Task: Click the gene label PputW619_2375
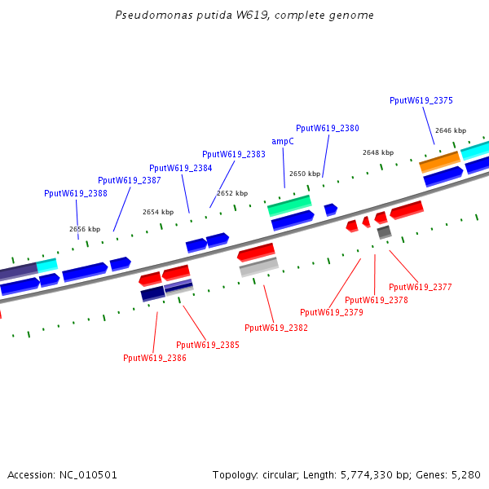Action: tap(421, 101)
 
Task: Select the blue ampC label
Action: tap(283, 141)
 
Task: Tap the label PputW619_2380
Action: tap(327, 129)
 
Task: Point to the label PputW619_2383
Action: tap(233, 154)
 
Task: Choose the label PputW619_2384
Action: tap(180, 168)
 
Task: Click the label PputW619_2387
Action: tap(129, 180)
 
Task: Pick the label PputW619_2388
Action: tap(75, 193)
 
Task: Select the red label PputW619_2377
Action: tap(420, 287)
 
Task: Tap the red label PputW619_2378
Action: tap(376, 300)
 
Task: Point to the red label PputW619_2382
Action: tap(275, 328)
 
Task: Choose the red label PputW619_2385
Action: tap(207, 345)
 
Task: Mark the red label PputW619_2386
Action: tap(154, 358)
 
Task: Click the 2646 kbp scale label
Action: tap(450, 130)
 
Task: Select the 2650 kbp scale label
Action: tap(305, 174)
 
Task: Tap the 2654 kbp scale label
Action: tap(158, 212)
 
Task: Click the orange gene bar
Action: tap(440, 161)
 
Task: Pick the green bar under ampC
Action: tap(289, 205)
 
